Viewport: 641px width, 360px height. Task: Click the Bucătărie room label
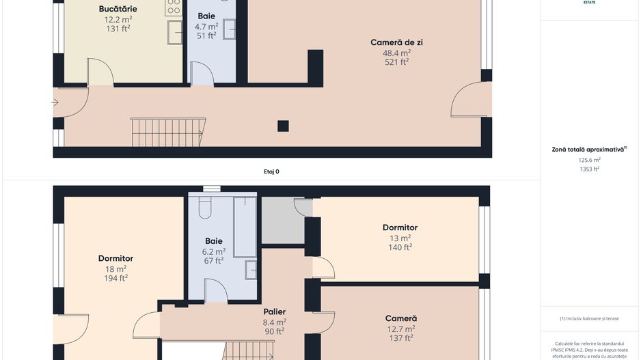tap(118, 9)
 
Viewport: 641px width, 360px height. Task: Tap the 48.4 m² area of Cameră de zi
tap(396, 52)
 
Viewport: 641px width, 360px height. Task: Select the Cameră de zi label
tap(396, 42)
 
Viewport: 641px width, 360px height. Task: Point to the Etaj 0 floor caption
tap(271, 171)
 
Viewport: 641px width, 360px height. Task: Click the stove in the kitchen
tap(174, 8)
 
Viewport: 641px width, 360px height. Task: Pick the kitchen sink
tap(175, 32)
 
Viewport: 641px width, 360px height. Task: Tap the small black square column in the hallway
tap(283, 126)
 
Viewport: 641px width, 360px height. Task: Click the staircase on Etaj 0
tap(168, 132)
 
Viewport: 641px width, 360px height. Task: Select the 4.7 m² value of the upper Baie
tap(206, 26)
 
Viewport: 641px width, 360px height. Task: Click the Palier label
tap(274, 312)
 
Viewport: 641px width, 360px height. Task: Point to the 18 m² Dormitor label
tap(115, 259)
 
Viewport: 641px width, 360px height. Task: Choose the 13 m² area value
tap(400, 238)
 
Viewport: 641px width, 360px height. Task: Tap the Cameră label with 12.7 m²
tap(400, 318)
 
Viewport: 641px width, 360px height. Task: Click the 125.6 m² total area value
tap(589, 161)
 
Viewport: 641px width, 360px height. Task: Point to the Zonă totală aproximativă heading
tap(588, 149)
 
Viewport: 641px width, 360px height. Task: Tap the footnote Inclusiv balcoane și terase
tap(589, 318)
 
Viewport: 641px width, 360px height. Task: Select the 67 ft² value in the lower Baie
tap(214, 260)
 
